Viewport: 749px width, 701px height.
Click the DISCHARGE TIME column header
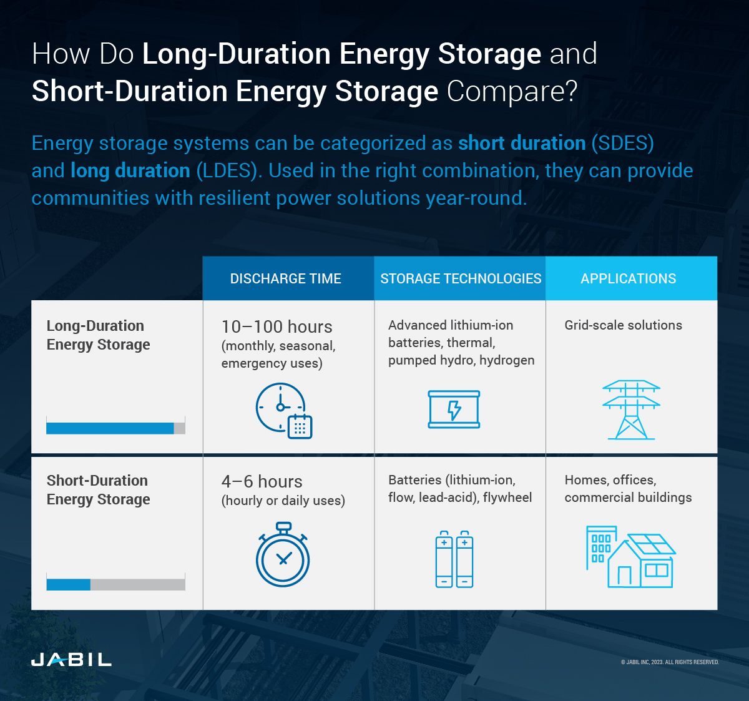[x=286, y=278]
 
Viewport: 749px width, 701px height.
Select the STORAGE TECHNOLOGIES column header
[x=461, y=278]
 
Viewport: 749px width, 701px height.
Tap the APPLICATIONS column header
[x=628, y=278]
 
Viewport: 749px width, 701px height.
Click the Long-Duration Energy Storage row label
[x=98, y=335]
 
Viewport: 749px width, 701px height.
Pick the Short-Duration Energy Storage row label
[x=98, y=490]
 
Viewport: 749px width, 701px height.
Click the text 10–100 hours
[x=277, y=326]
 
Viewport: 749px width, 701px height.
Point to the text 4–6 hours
[x=262, y=481]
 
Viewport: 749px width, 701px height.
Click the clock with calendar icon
[x=283, y=410]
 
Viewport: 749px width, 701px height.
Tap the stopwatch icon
[x=283, y=555]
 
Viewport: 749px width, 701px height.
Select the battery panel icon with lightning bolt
[x=454, y=409]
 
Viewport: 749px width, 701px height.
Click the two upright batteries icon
[x=454, y=559]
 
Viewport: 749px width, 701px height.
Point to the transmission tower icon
[x=631, y=409]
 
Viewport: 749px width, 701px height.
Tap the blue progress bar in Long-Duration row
[x=110, y=428]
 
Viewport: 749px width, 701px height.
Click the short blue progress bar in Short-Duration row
[x=68, y=584]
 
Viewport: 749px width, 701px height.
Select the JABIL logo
[x=71, y=659]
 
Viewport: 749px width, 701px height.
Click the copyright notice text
[x=669, y=662]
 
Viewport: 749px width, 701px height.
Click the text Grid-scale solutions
[x=623, y=325]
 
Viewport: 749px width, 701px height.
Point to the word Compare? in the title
[x=512, y=91]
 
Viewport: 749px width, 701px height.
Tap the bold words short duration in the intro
[x=522, y=143]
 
